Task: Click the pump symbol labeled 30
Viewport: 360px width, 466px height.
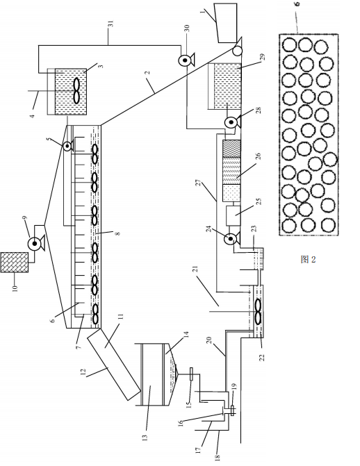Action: tap(186, 60)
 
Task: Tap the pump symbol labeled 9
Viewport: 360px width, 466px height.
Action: tap(35, 244)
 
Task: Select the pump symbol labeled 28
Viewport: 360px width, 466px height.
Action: tap(231, 122)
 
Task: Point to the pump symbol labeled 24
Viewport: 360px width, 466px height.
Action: tap(231, 238)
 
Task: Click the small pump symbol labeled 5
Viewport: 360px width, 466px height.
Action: tap(68, 146)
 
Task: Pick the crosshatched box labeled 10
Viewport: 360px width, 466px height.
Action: tap(15, 262)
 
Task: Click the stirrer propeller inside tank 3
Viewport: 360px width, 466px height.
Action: tap(76, 91)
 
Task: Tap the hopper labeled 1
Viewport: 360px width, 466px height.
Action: tap(226, 23)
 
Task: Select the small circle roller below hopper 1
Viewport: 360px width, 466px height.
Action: tap(237, 51)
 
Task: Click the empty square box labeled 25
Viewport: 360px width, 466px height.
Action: tap(233, 215)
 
